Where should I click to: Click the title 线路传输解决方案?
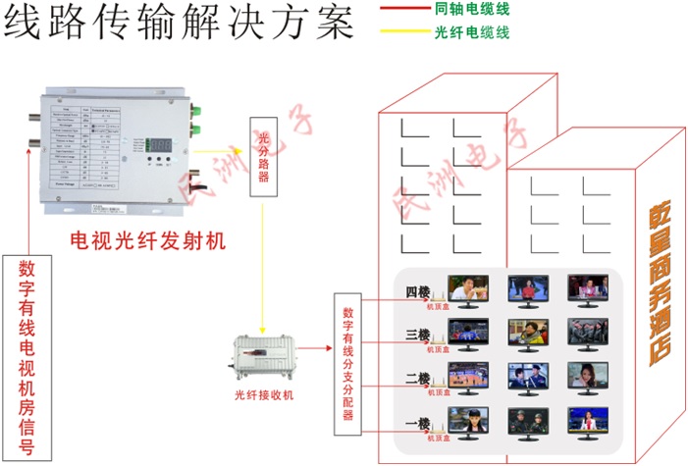point(177,22)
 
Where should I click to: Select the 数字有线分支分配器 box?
point(347,363)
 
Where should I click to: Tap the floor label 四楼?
point(417,291)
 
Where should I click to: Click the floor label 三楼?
point(417,335)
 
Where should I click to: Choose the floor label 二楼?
point(417,378)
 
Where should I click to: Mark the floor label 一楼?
point(417,423)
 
